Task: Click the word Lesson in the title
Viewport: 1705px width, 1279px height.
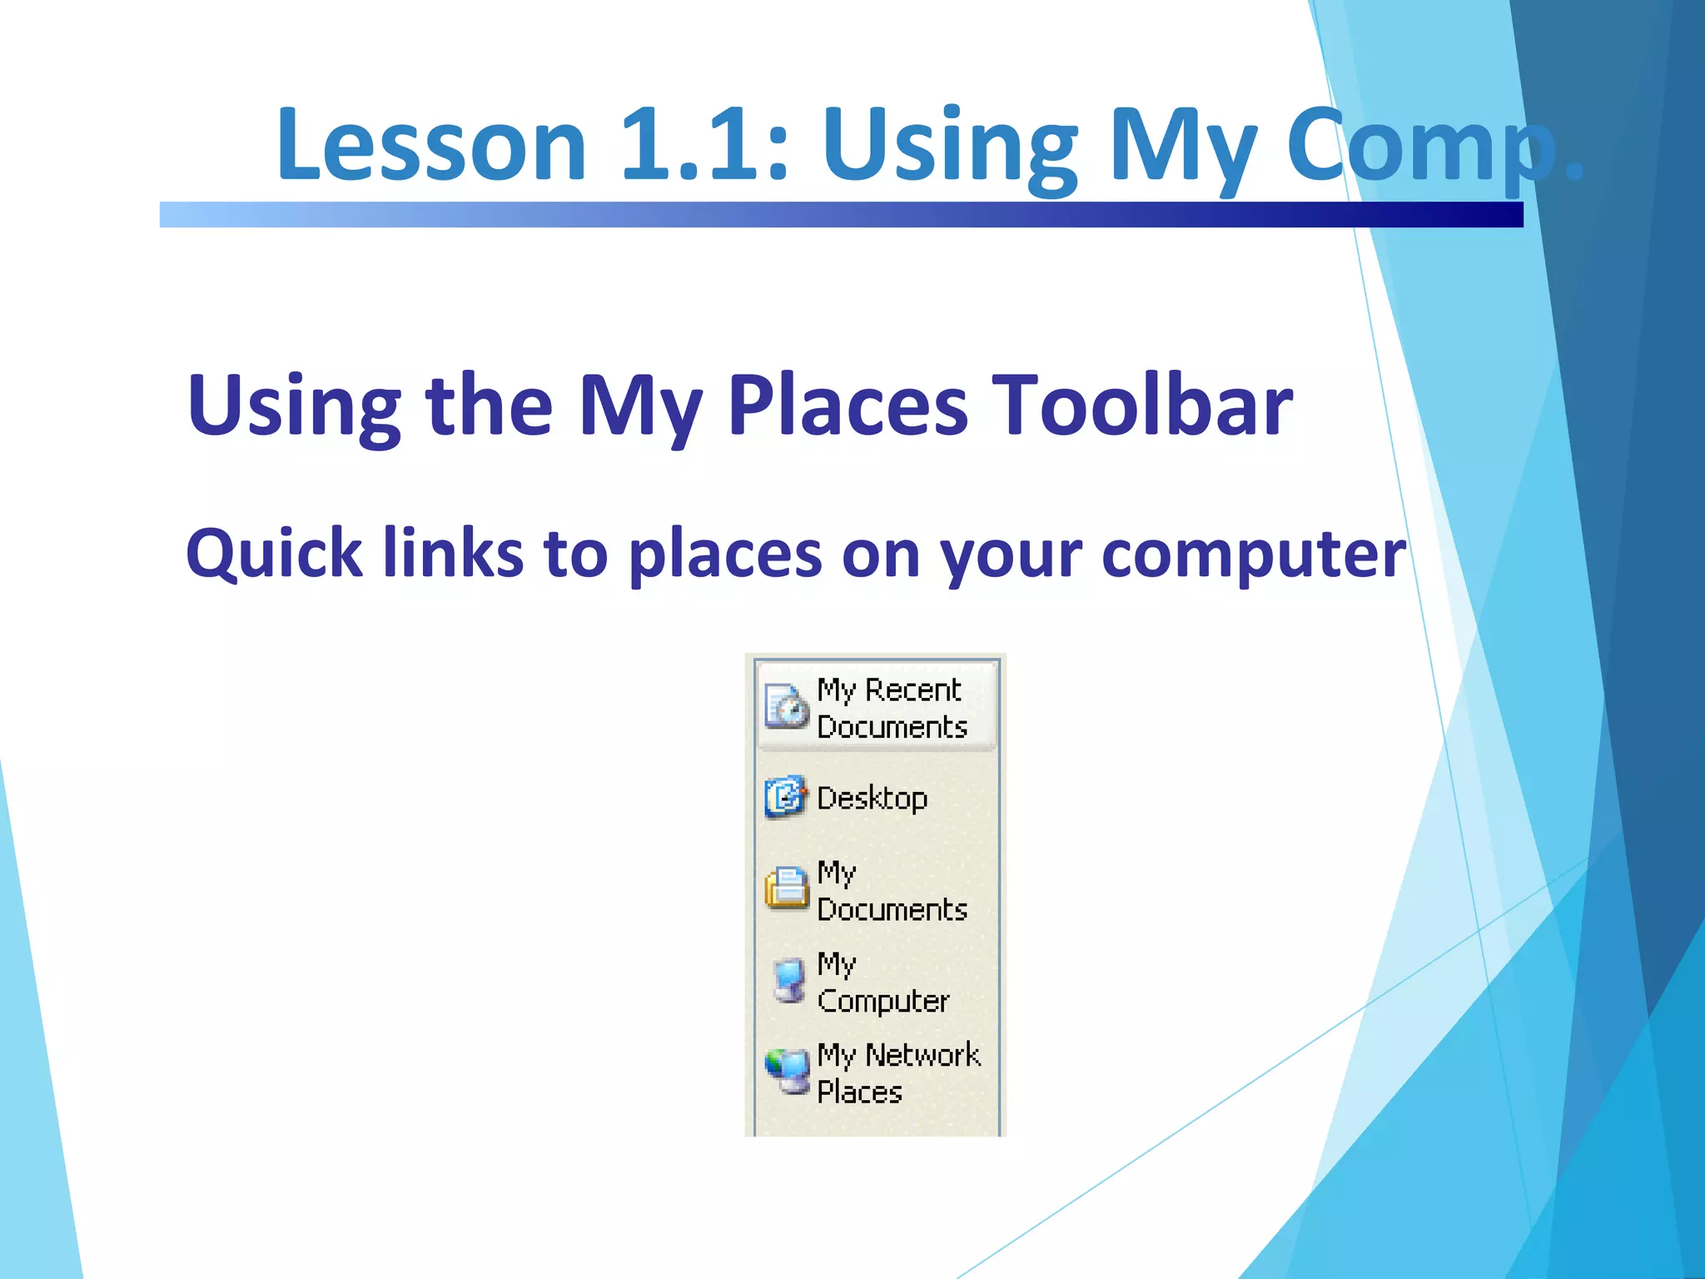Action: tap(431, 147)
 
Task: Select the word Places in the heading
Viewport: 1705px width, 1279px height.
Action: tap(848, 406)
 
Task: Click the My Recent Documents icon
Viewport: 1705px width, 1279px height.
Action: tap(786, 706)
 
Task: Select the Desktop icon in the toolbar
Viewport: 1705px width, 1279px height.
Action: tap(785, 797)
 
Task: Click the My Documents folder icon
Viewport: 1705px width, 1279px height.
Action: tap(786, 888)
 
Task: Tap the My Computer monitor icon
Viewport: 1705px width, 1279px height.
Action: tap(788, 979)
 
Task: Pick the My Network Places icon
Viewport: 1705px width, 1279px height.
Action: tap(787, 1071)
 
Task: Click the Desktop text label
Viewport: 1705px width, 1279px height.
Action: tap(872, 799)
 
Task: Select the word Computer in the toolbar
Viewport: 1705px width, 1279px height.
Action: tap(883, 1001)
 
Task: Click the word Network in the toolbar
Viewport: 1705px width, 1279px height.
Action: tap(922, 1055)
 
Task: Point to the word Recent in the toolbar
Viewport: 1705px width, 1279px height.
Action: tap(912, 690)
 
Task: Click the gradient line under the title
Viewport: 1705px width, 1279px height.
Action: tap(841, 215)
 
